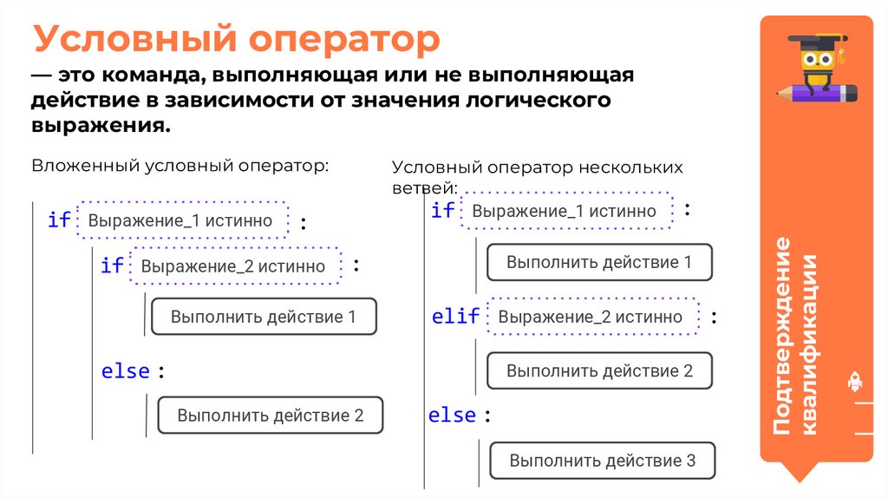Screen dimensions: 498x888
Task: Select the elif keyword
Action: point(455,317)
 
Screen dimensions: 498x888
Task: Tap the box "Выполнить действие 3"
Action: point(603,461)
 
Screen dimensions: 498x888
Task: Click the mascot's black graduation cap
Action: point(816,43)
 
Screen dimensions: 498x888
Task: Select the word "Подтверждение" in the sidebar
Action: point(782,335)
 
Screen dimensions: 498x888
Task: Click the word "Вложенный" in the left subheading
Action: point(86,165)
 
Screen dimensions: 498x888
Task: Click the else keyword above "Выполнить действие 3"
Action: point(453,416)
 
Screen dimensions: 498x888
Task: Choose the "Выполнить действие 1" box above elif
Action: point(599,262)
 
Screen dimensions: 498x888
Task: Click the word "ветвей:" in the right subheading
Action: point(425,187)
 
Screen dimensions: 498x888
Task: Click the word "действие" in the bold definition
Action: point(88,100)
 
